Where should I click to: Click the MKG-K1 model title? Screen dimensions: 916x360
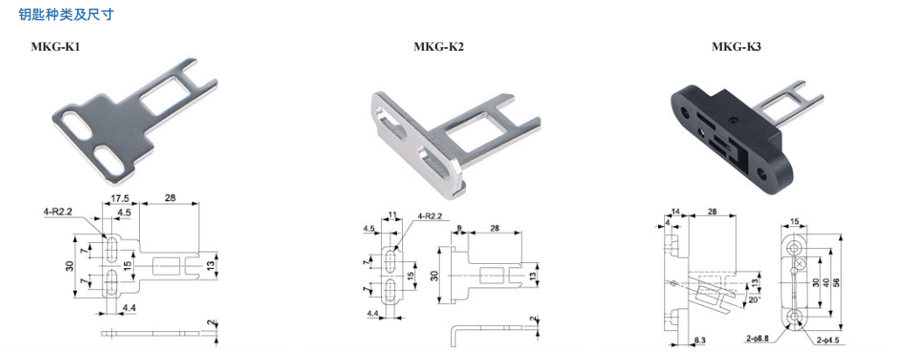click(55, 47)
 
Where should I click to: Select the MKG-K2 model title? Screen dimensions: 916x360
click(439, 47)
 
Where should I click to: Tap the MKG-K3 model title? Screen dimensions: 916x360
click(736, 47)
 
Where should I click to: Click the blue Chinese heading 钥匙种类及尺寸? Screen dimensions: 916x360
click(66, 15)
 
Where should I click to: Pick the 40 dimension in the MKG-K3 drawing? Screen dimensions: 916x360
click(825, 282)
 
